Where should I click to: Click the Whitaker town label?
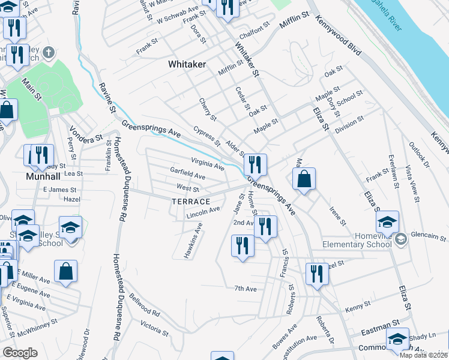click(187, 64)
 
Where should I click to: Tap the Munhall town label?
click(44, 177)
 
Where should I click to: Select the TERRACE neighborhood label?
click(191, 202)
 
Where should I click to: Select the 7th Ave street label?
click(246, 289)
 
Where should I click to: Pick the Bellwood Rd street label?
click(144, 308)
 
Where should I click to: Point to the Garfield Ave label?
click(187, 177)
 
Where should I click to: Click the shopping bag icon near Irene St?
click(304, 179)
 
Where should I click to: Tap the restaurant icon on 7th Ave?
click(316, 274)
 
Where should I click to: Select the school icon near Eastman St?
click(397, 338)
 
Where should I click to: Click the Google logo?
click(20, 353)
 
